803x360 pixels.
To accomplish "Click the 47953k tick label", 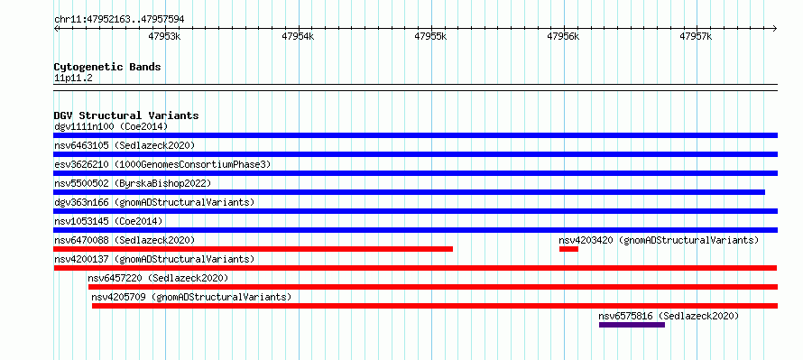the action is tap(164, 36).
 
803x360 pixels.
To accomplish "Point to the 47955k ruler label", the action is tap(430, 36).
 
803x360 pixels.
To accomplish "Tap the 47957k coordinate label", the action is tap(696, 36).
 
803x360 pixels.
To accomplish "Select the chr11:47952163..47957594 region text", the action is tap(119, 20).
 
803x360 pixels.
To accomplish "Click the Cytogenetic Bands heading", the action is tap(107, 67).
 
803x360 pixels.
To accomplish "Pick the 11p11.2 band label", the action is tap(73, 78).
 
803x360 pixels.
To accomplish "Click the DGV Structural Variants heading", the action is tap(126, 115).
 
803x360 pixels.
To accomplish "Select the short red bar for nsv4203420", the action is tap(568, 249).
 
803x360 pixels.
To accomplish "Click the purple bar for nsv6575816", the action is tap(632, 325).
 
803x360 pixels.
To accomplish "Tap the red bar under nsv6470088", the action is tap(253, 249).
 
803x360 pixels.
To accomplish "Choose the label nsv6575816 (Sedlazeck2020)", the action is tap(669, 316).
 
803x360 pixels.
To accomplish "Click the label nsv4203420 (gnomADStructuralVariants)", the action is tap(659, 240).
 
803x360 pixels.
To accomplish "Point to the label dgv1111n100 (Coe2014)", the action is tap(111, 126).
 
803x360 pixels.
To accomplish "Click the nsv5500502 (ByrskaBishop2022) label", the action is tap(133, 183).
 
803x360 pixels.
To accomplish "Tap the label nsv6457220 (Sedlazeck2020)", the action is tap(158, 278).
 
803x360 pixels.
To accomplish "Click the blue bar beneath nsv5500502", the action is tap(410, 192).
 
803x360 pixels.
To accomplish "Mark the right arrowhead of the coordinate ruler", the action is tap(775, 28).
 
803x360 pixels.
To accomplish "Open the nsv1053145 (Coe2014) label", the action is tap(108, 221).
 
